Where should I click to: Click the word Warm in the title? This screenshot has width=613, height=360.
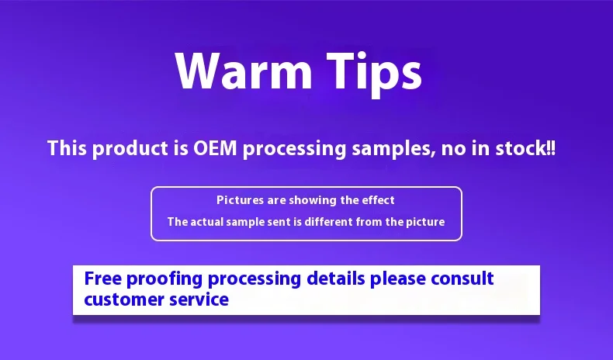coord(244,71)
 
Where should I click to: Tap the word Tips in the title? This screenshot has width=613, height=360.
coord(375,74)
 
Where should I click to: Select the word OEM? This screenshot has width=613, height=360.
coord(215,148)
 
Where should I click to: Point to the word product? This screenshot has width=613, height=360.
coord(130,149)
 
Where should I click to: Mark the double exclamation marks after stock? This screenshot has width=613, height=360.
coord(551,148)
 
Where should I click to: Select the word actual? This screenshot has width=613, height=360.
coord(206,222)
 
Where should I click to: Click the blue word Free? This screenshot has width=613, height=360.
coord(104,279)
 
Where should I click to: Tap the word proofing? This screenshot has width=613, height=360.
coord(165,280)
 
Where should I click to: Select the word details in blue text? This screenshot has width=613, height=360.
coord(336,279)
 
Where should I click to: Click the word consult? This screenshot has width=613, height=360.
coord(462,279)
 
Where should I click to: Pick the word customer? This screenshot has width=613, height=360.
coord(124,299)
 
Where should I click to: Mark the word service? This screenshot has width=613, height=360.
coord(199,299)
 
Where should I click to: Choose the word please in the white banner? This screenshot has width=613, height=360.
coord(398,280)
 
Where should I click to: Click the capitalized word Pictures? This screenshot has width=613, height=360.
coord(240,200)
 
